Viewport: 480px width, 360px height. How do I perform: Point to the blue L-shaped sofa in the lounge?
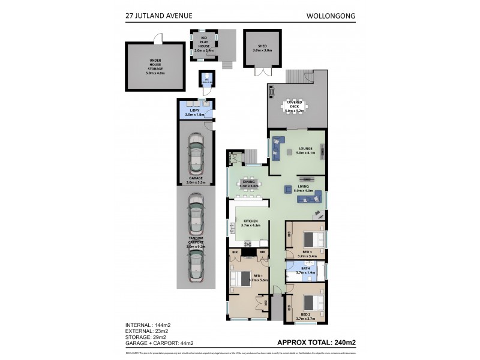point(278,148)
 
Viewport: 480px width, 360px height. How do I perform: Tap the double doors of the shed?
point(262,71)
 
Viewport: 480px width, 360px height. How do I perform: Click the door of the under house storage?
point(158,37)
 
